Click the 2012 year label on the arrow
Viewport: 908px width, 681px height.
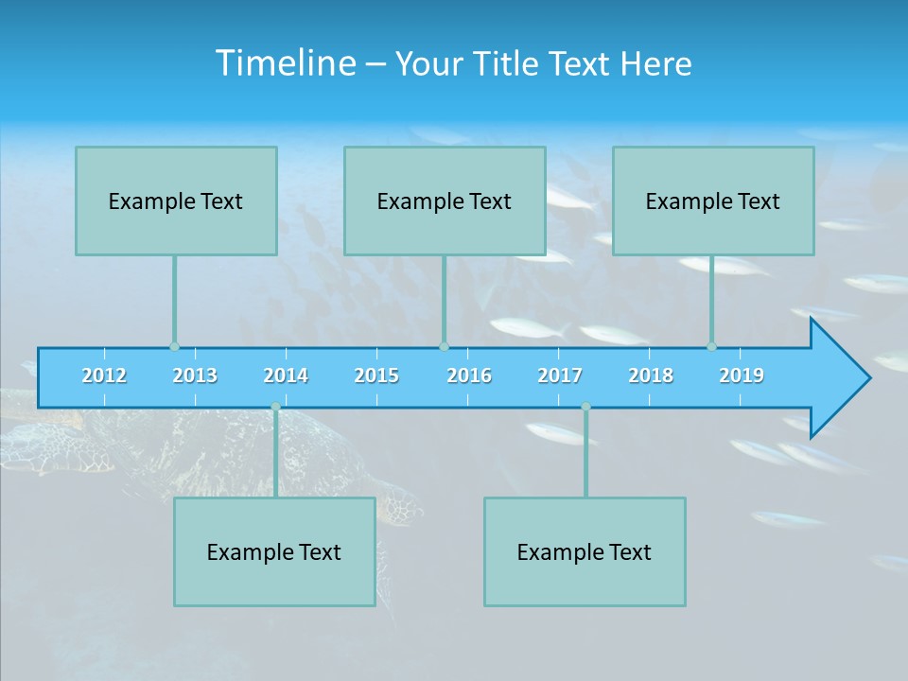coord(104,375)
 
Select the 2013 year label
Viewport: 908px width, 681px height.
coord(195,375)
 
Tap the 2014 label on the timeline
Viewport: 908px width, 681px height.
coord(286,375)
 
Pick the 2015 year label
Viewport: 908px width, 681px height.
coord(376,375)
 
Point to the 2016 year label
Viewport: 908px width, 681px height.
coord(469,375)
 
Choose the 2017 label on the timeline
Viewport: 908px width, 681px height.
coord(560,375)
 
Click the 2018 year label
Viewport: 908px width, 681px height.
coord(651,375)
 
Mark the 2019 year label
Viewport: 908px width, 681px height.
coord(742,375)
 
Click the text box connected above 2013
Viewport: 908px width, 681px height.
coord(176,201)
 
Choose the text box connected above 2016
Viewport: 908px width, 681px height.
coord(445,201)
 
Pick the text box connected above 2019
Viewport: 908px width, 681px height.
coord(713,201)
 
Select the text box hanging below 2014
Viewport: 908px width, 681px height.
coord(274,551)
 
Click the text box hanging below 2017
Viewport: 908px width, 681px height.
coord(585,551)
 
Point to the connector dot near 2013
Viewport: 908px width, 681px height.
coord(174,347)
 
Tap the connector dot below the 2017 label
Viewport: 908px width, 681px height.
coord(585,407)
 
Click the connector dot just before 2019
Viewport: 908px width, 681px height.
coord(711,347)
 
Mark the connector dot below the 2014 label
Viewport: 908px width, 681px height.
coord(275,407)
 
